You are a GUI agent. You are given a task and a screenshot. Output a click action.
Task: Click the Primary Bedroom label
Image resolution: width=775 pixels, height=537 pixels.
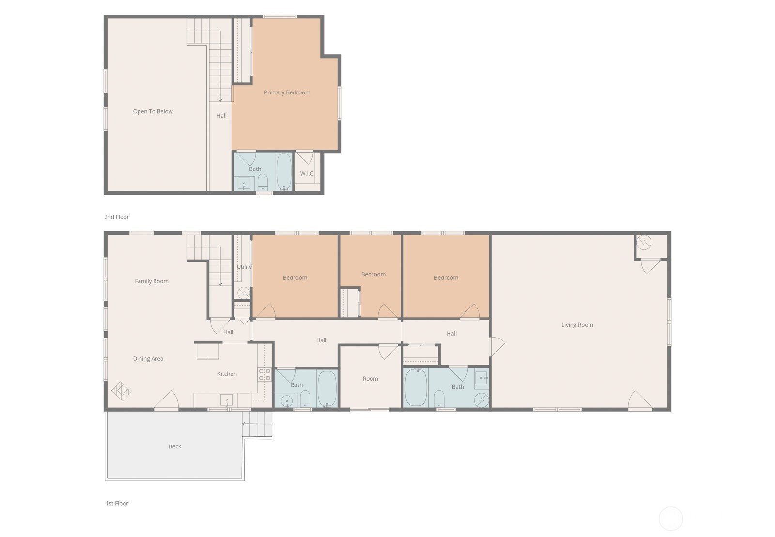(287, 92)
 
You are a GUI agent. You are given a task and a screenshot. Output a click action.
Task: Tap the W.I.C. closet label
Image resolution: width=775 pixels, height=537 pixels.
(307, 173)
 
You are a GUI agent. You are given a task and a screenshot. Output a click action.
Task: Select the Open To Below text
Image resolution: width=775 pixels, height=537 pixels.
(153, 111)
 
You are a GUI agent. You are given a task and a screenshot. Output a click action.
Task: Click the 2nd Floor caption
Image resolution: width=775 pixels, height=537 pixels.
(116, 217)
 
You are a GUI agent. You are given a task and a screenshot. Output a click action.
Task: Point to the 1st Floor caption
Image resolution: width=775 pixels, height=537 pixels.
(117, 503)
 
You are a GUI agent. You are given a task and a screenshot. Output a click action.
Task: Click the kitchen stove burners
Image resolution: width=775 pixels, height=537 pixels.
(264, 374)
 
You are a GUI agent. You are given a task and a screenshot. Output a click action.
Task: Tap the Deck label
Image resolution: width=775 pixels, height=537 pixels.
(174, 446)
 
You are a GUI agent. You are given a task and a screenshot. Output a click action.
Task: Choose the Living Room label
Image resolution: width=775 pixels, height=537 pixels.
(577, 325)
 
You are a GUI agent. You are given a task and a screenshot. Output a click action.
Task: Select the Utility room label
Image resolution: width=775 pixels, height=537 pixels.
(244, 267)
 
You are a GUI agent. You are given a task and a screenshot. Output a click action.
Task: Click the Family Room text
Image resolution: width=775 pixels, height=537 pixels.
(152, 281)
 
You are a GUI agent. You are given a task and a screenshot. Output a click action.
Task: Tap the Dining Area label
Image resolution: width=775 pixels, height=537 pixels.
(148, 359)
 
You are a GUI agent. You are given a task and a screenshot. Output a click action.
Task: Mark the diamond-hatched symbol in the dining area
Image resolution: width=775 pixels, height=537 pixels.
(122, 391)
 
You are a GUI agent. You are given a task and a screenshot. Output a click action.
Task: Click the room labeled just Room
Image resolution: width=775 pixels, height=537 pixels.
(370, 379)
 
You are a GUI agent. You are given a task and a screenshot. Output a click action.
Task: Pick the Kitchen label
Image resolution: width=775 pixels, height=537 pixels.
(227, 374)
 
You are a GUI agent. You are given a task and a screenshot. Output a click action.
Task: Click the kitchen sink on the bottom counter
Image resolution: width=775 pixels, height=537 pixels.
(226, 400)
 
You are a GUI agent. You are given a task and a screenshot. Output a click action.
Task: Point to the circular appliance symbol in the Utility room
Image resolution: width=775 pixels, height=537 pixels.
(243, 292)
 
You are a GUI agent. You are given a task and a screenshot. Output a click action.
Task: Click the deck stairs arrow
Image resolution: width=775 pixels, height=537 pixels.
(244, 424)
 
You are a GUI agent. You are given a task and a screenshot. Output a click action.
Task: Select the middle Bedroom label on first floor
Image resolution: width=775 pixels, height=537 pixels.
(373, 274)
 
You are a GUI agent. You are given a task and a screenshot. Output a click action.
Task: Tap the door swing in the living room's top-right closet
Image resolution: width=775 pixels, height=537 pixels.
(651, 266)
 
